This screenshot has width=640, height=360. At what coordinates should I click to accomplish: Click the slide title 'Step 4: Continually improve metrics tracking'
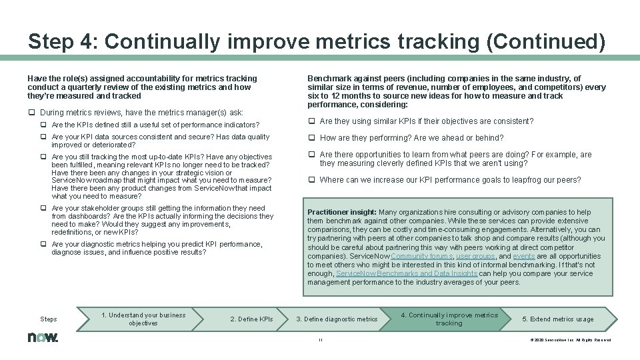(x=317, y=41)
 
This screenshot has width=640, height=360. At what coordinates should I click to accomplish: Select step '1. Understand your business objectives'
(x=143, y=319)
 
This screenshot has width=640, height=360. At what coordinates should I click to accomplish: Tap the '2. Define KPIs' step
(x=251, y=319)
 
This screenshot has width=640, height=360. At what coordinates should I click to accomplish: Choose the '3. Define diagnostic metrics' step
(x=337, y=319)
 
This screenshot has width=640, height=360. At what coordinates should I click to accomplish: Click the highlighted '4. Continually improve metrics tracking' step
(x=449, y=319)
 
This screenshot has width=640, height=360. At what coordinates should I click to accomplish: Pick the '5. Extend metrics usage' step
(x=558, y=319)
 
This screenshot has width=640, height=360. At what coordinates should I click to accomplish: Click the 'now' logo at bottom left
(x=43, y=338)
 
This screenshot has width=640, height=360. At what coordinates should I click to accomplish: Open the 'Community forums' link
(x=421, y=256)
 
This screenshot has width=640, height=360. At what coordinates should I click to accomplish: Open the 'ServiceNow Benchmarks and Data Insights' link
(x=406, y=273)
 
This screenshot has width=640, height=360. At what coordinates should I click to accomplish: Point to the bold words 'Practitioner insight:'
(x=342, y=213)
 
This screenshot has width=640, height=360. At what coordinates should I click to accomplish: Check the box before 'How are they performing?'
(x=311, y=138)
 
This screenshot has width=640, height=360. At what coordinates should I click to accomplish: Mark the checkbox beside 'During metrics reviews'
(x=32, y=113)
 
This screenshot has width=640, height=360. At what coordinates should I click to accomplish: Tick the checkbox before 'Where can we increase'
(x=311, y=180)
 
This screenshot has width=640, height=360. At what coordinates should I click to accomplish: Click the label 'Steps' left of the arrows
(x=49, y=319)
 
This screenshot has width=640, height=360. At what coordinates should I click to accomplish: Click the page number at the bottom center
(x=320, y=339)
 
